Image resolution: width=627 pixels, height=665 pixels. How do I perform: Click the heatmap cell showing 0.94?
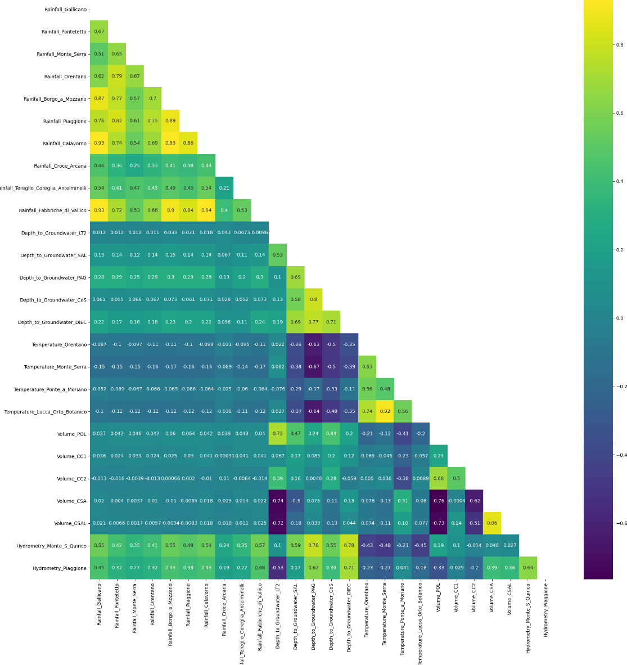coord(206,210)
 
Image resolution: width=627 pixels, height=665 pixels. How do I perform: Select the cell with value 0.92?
coord(385,411)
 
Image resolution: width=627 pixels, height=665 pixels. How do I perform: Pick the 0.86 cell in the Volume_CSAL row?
coord(493,523)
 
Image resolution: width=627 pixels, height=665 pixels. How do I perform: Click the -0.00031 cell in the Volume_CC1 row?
coord(224,456)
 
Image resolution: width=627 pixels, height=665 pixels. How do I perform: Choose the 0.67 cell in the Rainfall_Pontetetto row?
coord(99,32)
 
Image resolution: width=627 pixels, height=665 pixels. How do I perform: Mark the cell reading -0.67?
coord(314,367)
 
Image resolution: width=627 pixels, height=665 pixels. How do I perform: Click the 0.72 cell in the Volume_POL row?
coord(278,434)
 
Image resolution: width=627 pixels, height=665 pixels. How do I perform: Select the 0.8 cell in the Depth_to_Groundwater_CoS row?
coord(314,300)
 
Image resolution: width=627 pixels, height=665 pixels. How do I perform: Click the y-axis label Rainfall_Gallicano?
coord(66,10)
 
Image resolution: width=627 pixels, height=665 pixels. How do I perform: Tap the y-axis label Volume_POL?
coord(72,434)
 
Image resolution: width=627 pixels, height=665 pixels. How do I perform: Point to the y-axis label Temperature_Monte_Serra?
coord(56,367)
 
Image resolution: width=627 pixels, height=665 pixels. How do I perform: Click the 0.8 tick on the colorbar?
coord(619,45)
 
